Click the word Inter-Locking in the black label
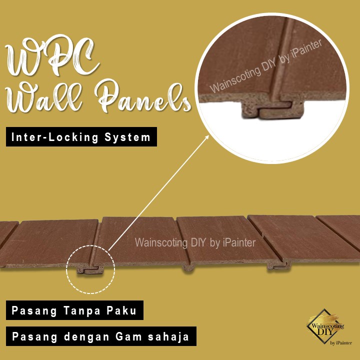tap(49, 137)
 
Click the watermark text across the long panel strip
tap(195, 243)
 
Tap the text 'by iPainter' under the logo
tap(341, 343)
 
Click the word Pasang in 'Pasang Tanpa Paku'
tap(32, 310)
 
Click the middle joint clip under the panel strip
tap(187, 267)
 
